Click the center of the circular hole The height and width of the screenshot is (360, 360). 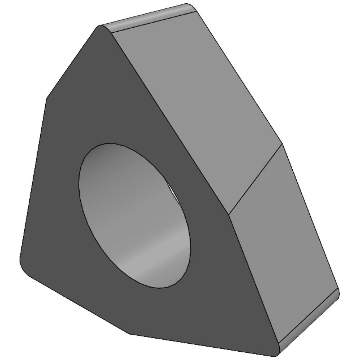pyautogui.click(x=135, y=215)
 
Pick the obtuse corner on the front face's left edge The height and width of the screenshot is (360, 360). pyautogui.click(x=46, y=100)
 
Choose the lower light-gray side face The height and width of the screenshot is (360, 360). pyautogui.click(x=284, y=245)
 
